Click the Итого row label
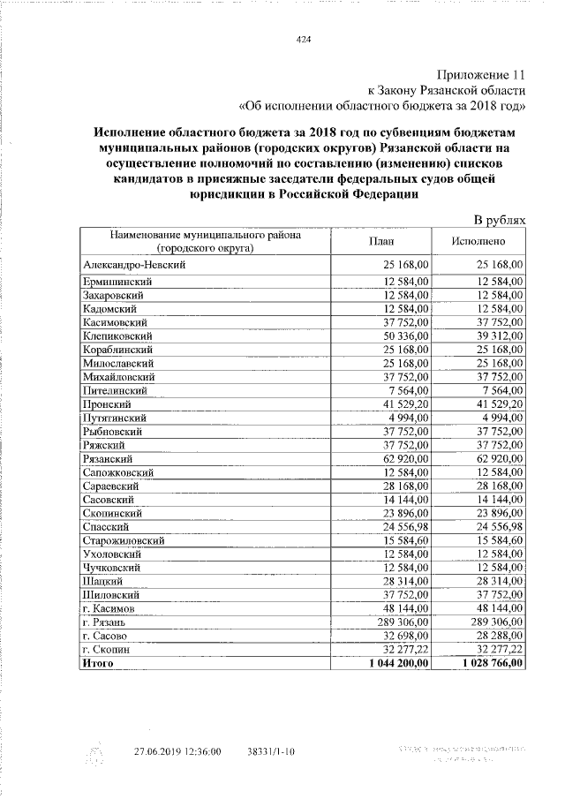(98, 662)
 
